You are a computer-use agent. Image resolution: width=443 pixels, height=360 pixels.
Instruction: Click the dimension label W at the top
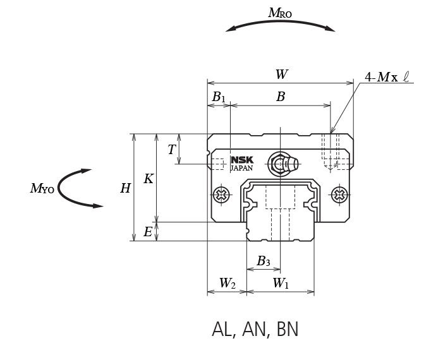281,74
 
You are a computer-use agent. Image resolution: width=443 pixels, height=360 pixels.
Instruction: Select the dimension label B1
219,97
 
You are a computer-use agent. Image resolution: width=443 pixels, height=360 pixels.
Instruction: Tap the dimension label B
281,97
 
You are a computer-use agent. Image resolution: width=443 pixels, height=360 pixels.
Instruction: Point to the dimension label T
171,150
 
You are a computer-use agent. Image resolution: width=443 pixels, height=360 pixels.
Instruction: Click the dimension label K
148,179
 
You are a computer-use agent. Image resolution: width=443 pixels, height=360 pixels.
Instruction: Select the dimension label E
148,232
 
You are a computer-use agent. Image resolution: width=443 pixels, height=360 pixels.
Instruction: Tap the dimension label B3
264,261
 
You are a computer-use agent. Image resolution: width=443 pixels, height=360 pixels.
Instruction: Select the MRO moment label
280,12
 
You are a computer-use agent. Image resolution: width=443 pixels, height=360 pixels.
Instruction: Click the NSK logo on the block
241,160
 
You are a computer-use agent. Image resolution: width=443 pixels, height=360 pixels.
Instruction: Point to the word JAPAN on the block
241,169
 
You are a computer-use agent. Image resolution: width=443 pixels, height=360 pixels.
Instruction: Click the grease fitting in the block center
281,164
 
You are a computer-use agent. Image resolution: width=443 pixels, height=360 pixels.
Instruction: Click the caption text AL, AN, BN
255,330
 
